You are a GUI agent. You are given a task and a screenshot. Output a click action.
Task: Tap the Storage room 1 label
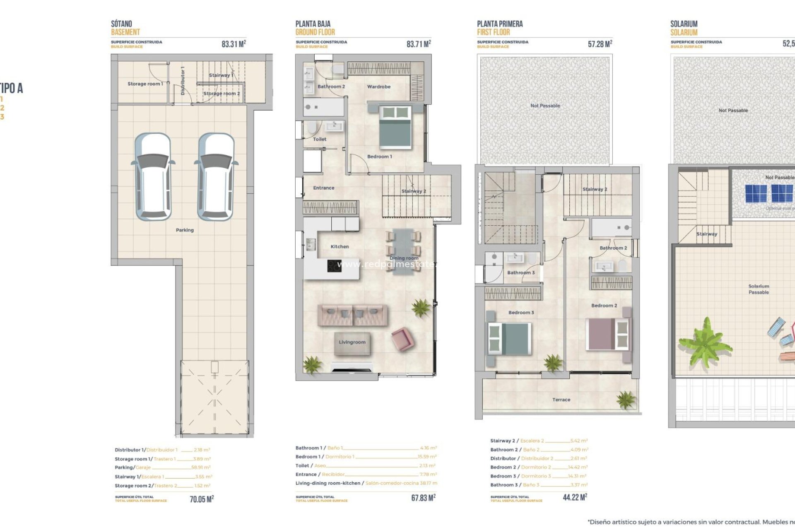coord(145,84)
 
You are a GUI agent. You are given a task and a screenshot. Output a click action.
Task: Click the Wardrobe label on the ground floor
coord(378,87)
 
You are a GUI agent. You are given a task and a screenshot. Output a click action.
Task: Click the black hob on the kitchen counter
coord(334,266)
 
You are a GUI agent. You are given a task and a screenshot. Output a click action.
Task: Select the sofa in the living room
coord(352,315)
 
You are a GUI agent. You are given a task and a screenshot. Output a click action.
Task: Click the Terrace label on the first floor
coord(561,400)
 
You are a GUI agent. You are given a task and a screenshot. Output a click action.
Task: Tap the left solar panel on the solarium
coord(756,193)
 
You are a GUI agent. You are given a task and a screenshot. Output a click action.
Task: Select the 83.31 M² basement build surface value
coord(234,44)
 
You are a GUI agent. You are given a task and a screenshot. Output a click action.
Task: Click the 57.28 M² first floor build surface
coord(600,44)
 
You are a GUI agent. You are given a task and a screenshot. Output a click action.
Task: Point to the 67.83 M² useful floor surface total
coord(423,498)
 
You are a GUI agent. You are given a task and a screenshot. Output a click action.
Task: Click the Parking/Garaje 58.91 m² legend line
coord(162,467)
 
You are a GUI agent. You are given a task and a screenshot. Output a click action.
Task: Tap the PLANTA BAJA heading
coord(313,24)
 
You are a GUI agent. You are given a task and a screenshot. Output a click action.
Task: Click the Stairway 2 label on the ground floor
coord(413,191)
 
